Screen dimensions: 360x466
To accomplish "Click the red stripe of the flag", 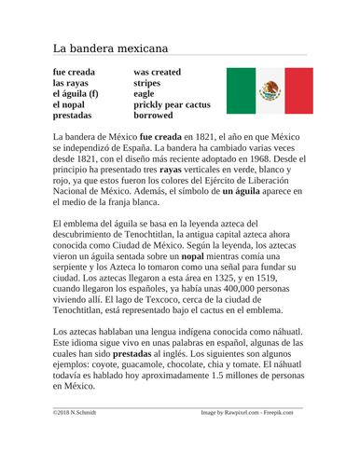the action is (298, 91).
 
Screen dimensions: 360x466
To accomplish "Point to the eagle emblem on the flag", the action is (270, 91).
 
